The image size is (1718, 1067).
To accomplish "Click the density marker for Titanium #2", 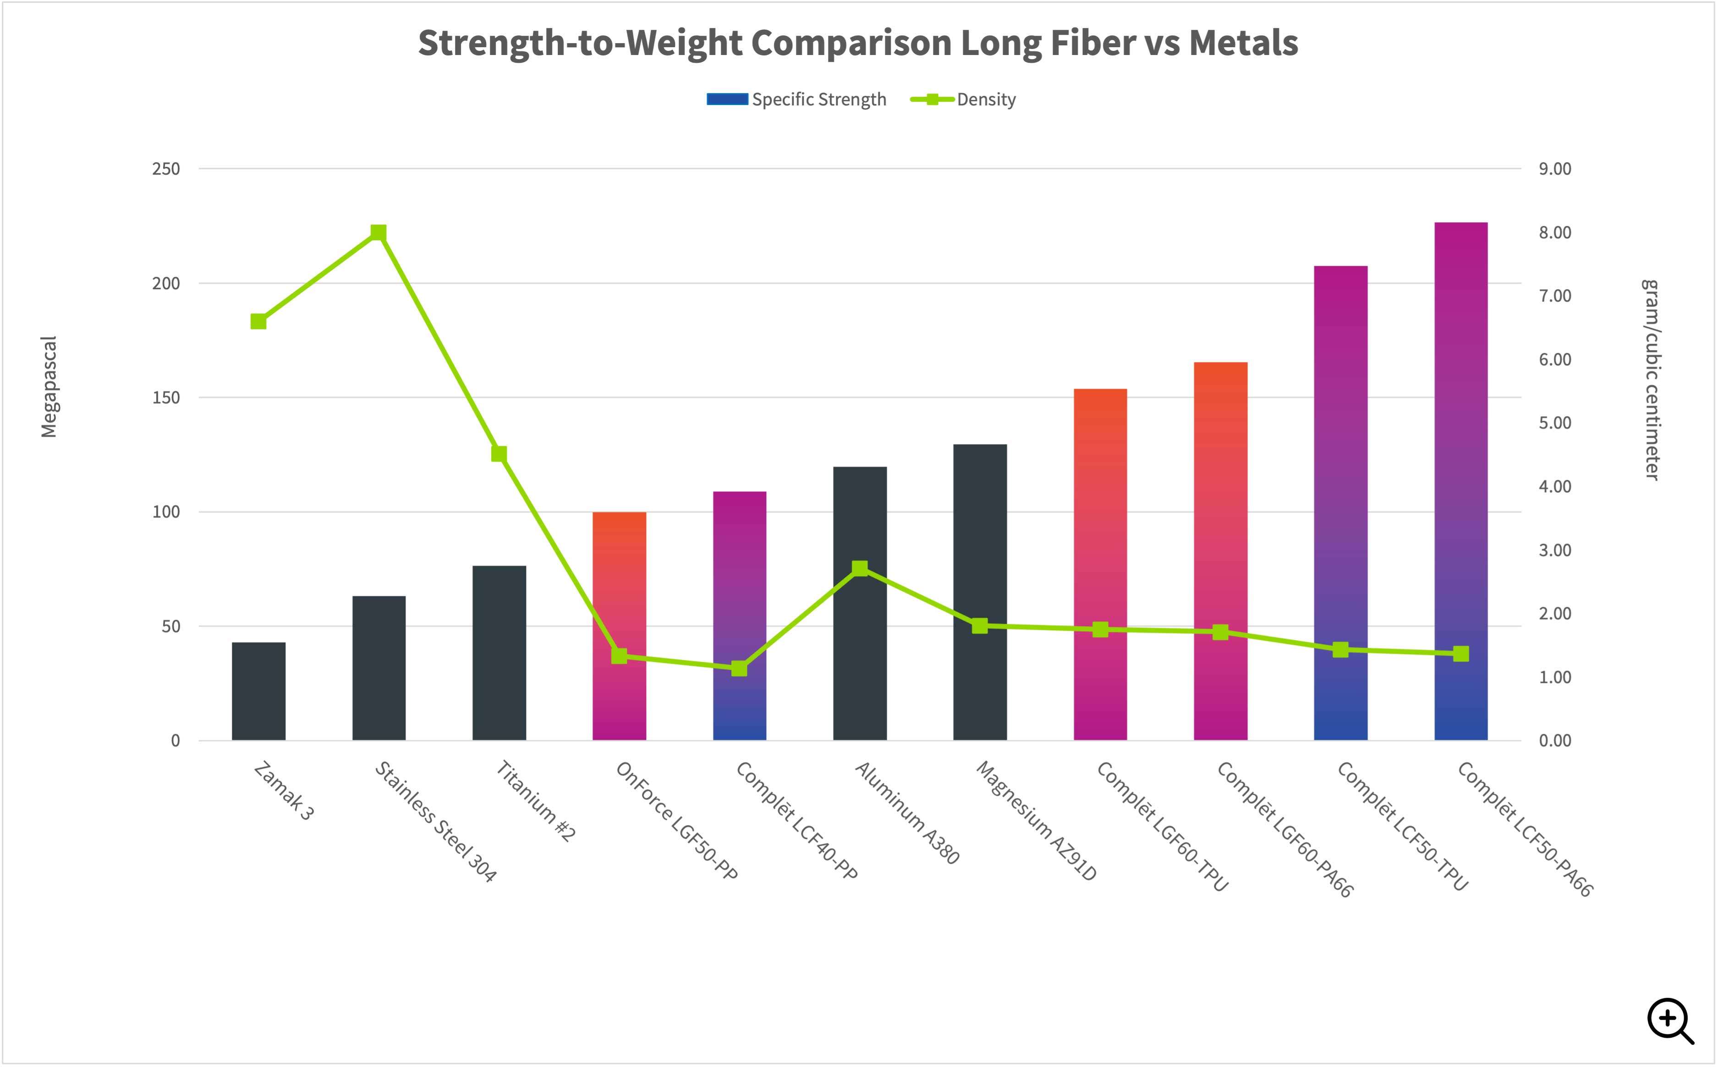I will point(499,454).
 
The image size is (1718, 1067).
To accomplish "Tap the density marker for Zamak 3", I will point(258,322).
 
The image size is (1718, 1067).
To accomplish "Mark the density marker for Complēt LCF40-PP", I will point(740,668).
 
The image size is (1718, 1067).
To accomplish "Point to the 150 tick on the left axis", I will point(166,397).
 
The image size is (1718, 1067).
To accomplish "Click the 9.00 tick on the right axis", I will point(1555,169).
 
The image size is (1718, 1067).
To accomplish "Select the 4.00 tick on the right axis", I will point(1555,486).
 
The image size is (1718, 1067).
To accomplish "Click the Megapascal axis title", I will point(49,387).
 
